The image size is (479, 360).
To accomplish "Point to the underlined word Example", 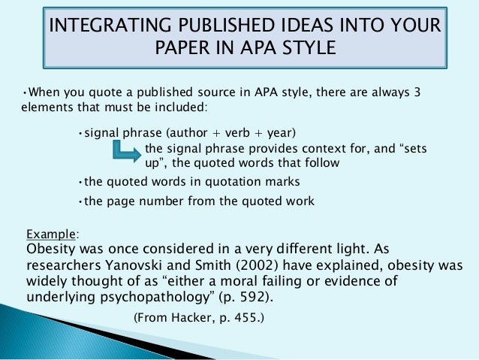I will click(51, 234).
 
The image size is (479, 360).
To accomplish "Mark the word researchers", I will click(58, 265).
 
